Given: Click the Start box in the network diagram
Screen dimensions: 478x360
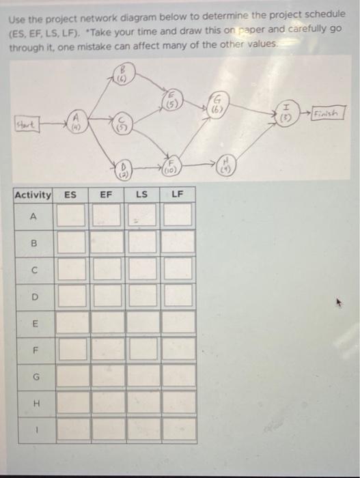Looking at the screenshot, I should tap(28, 124).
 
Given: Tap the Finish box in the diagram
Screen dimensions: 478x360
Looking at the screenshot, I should tap(327, 111).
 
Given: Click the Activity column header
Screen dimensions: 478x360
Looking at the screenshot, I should tap(33, 195).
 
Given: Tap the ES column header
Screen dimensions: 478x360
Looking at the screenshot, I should tap(70, 195).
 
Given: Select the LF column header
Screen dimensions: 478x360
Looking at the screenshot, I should tap(177, 195).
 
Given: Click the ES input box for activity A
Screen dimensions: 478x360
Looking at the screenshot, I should tap(71, 216).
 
